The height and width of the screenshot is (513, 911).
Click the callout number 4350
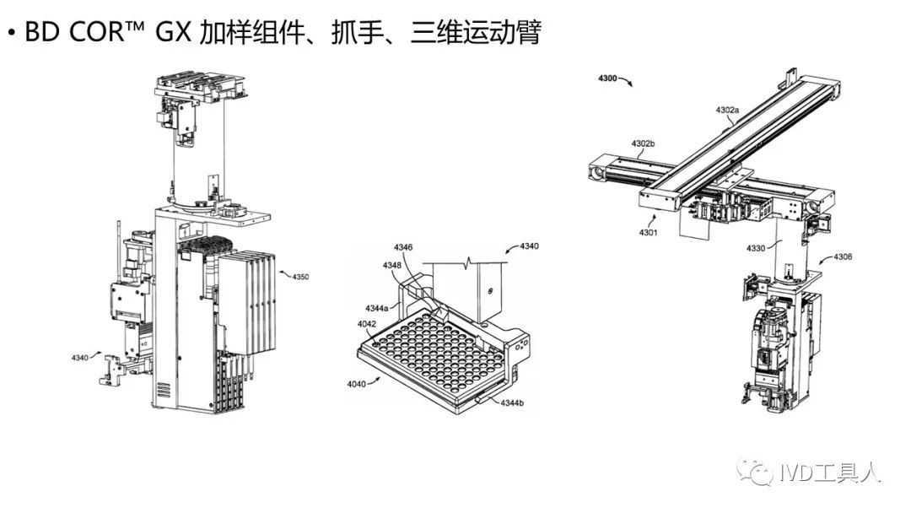click(x=300, y=276)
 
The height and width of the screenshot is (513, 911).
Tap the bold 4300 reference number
click(x=606, y=78)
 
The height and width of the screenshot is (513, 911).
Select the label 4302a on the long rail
click(x=727, y=111)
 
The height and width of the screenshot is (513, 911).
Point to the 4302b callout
click(x=644, y=144)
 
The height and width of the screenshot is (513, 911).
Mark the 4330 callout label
click(x=757, y=248)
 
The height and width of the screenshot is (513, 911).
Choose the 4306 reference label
click(x=842, y=256)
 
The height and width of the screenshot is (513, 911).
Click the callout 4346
click(x=403, y=247)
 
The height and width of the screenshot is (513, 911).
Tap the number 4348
click(x=392, y=266)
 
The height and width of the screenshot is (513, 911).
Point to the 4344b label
click(x=512, y=403)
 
